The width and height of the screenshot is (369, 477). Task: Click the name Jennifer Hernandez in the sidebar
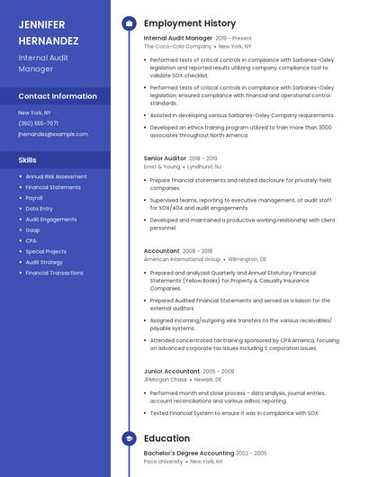[48, 32]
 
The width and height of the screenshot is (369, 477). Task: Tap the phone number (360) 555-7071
[38, 123]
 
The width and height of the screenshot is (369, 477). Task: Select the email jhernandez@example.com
[53, 134]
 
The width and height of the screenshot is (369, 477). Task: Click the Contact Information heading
[58, 96]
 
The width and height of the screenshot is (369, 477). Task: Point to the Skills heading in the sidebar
[28, 159]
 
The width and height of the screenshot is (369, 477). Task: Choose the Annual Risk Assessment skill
[56, 176]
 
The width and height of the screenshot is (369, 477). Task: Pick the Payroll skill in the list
[34, 198]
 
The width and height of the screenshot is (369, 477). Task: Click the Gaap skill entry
[32, 229]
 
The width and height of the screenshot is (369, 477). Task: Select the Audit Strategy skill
[44, 262]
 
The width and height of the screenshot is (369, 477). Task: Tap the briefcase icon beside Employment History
[128, 23]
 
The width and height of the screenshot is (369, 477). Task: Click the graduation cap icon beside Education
[128, 438]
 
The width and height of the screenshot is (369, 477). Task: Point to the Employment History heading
[189, 23]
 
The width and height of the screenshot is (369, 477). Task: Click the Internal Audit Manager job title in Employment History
[178, 39]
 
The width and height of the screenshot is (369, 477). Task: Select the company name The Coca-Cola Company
[177, 47]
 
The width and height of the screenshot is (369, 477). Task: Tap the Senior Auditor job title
[166, 158]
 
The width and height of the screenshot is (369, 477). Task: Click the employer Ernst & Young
[162, 166]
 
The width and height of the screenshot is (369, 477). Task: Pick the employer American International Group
[183, 259]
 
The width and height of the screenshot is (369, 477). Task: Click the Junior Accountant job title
[171, 371]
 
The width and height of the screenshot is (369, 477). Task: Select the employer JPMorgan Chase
[166, 379]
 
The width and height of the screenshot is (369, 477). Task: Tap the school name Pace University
[164, 462]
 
